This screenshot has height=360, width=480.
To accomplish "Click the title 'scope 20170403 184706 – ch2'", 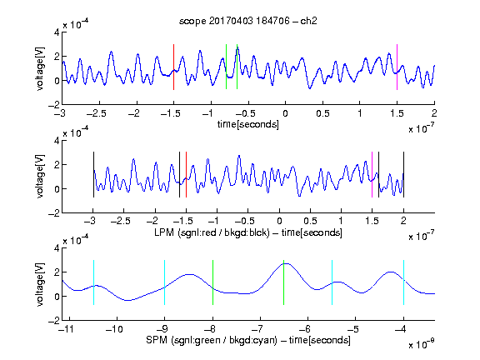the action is click(x=248, y=21).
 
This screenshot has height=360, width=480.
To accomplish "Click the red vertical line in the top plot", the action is click(x=173, y=67).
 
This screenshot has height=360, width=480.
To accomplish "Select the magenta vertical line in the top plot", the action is click(x=397, y=67).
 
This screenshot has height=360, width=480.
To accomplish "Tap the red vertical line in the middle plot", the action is click(x=186, y=174).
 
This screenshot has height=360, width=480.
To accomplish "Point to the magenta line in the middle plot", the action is click(x=372, y=174).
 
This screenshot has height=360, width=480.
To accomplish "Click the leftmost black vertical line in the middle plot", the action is click(x=93, y=174).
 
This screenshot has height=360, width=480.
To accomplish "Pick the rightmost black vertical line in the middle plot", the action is click(x=403, y=174).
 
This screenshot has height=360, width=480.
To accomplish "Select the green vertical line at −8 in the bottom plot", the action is click(x=212, y=282).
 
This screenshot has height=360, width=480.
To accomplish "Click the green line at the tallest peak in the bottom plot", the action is click(x=284, y=282).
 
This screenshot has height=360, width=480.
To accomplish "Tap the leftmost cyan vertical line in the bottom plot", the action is click(x=93, y=282).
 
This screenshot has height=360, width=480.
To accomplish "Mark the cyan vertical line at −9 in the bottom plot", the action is click(x=165, y=282).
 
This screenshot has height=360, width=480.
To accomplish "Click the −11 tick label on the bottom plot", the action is click(x=67, y=329).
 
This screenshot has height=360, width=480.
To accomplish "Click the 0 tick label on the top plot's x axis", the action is click(x=285, y=113).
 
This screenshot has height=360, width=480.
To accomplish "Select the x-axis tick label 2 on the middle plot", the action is click(x=403, y=221).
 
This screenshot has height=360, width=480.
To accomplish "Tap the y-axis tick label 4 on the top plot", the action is click(x=57, y=32).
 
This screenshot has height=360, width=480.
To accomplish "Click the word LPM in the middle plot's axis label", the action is click(x=164, y=232).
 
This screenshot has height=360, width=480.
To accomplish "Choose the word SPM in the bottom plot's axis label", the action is click(x=157, y=340).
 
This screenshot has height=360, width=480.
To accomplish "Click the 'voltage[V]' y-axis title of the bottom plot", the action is click(x=40, y=284).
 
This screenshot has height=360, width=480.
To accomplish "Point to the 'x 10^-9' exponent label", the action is click(x=422, y=344).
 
